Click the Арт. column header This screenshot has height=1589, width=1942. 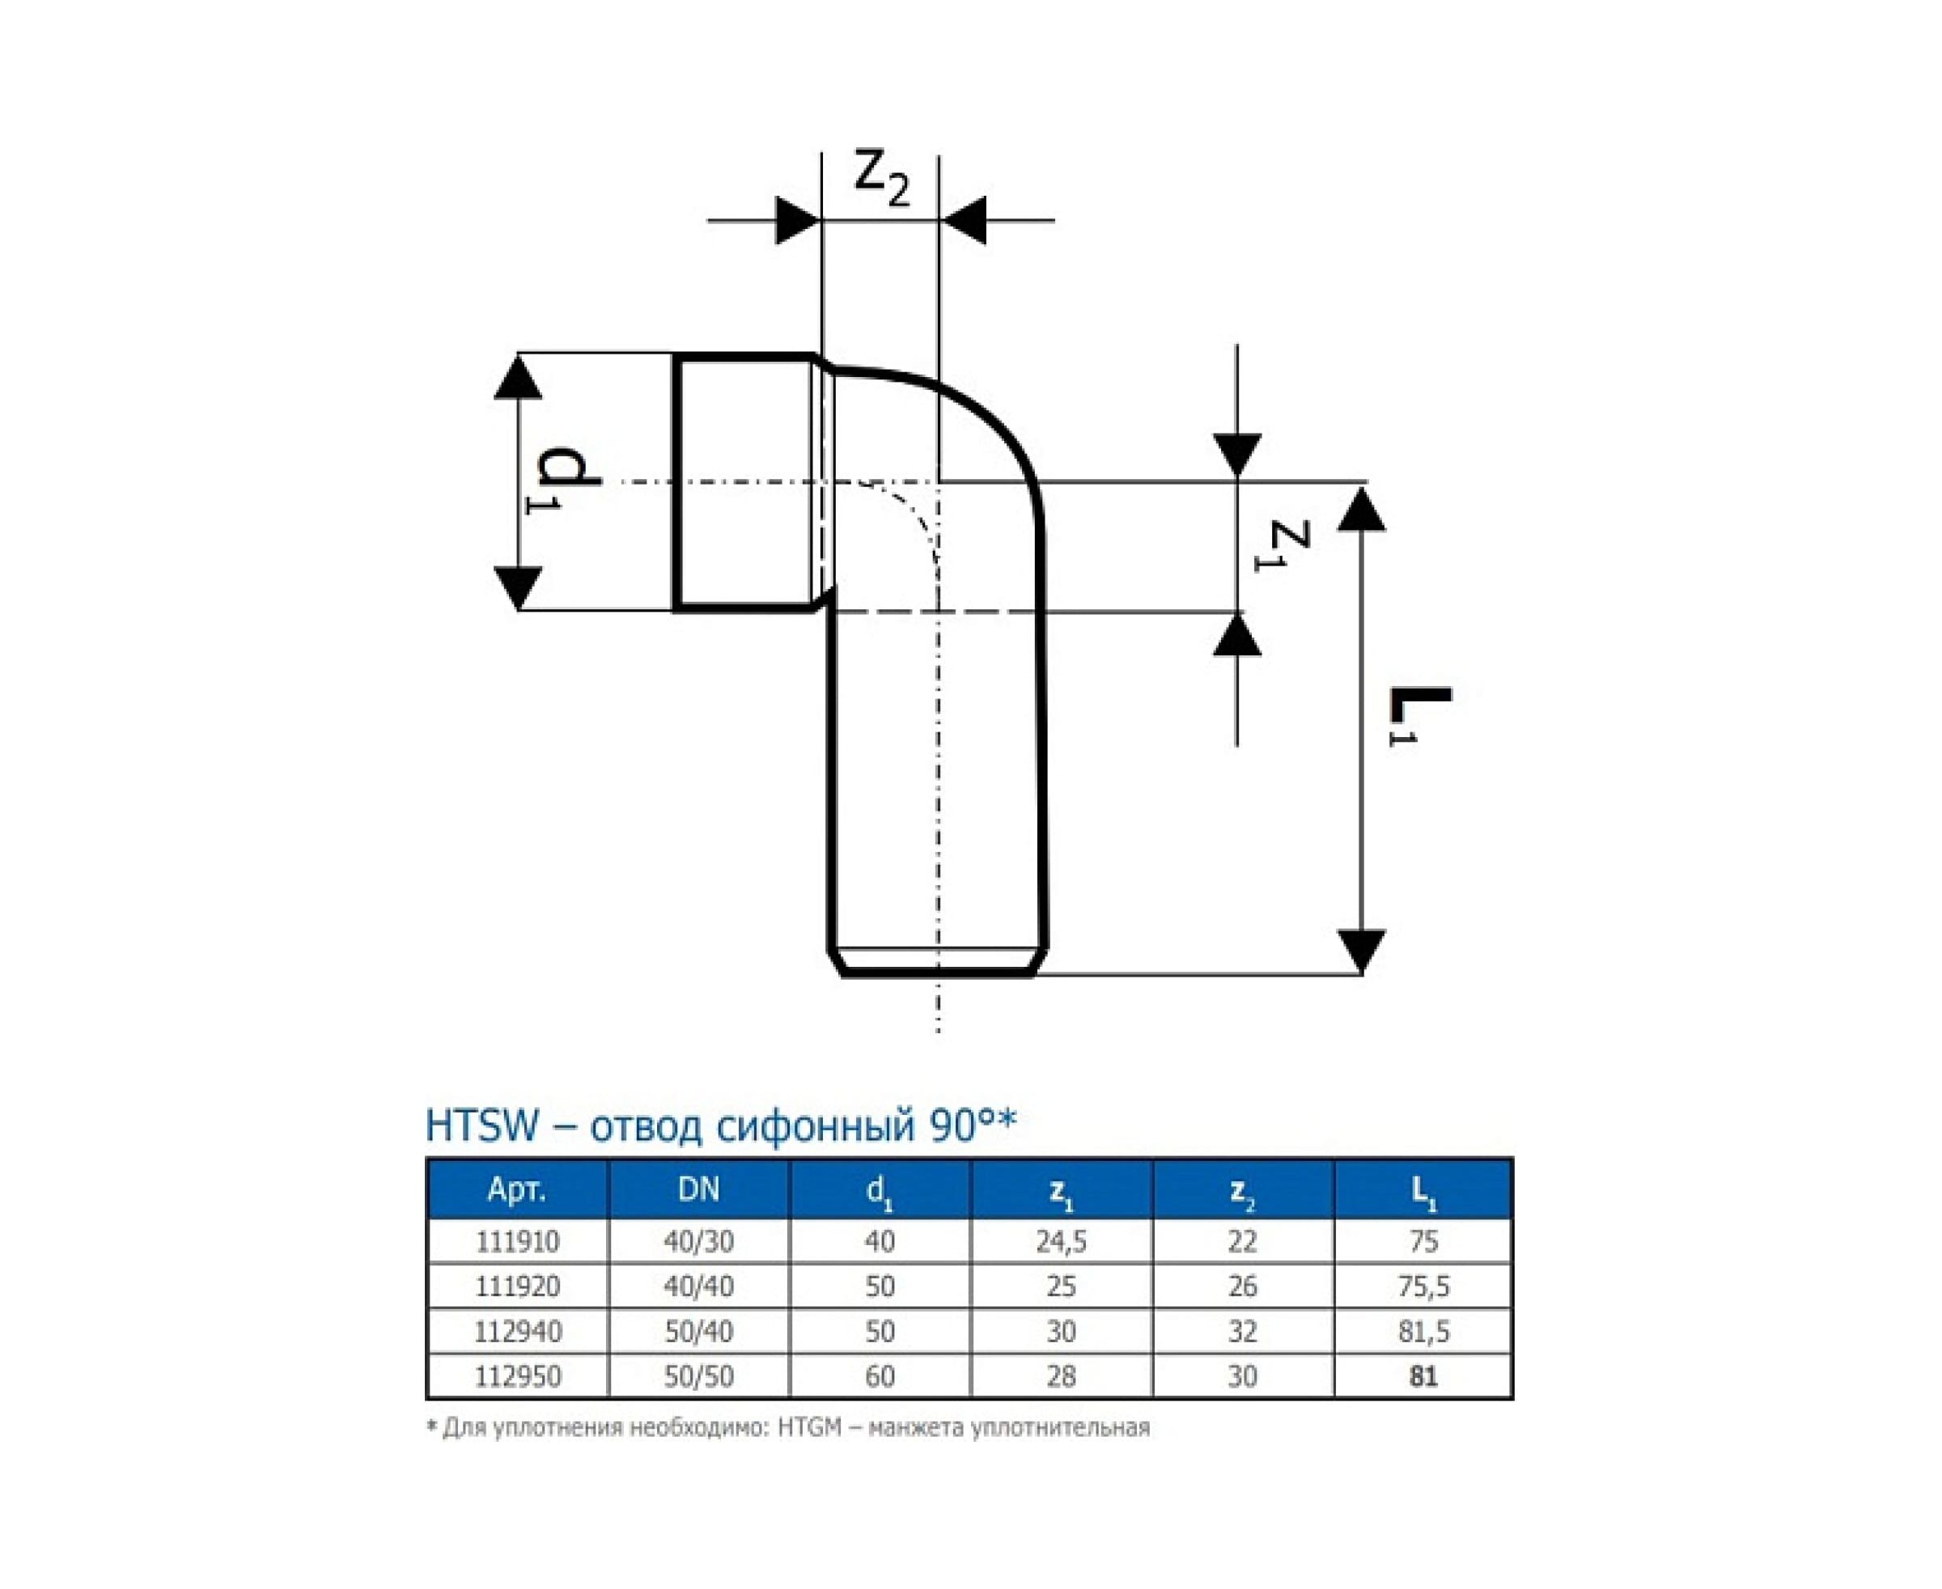516,1189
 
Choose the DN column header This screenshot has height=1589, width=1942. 698,1189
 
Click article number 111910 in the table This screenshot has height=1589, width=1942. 517,1242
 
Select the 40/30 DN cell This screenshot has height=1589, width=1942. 698,1242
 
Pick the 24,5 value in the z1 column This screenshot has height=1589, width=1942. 1061,1242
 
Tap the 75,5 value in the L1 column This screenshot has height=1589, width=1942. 1424,1287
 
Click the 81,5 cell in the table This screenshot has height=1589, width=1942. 1424,1332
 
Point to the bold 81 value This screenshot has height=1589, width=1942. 1424,1377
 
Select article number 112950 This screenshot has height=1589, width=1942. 517,1377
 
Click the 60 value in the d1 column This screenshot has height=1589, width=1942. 880,1377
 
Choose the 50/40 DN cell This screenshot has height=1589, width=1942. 698,1332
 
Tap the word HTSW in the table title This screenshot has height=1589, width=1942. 482,1126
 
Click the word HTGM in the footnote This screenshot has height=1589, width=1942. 808,1428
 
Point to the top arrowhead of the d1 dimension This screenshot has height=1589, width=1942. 518,377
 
